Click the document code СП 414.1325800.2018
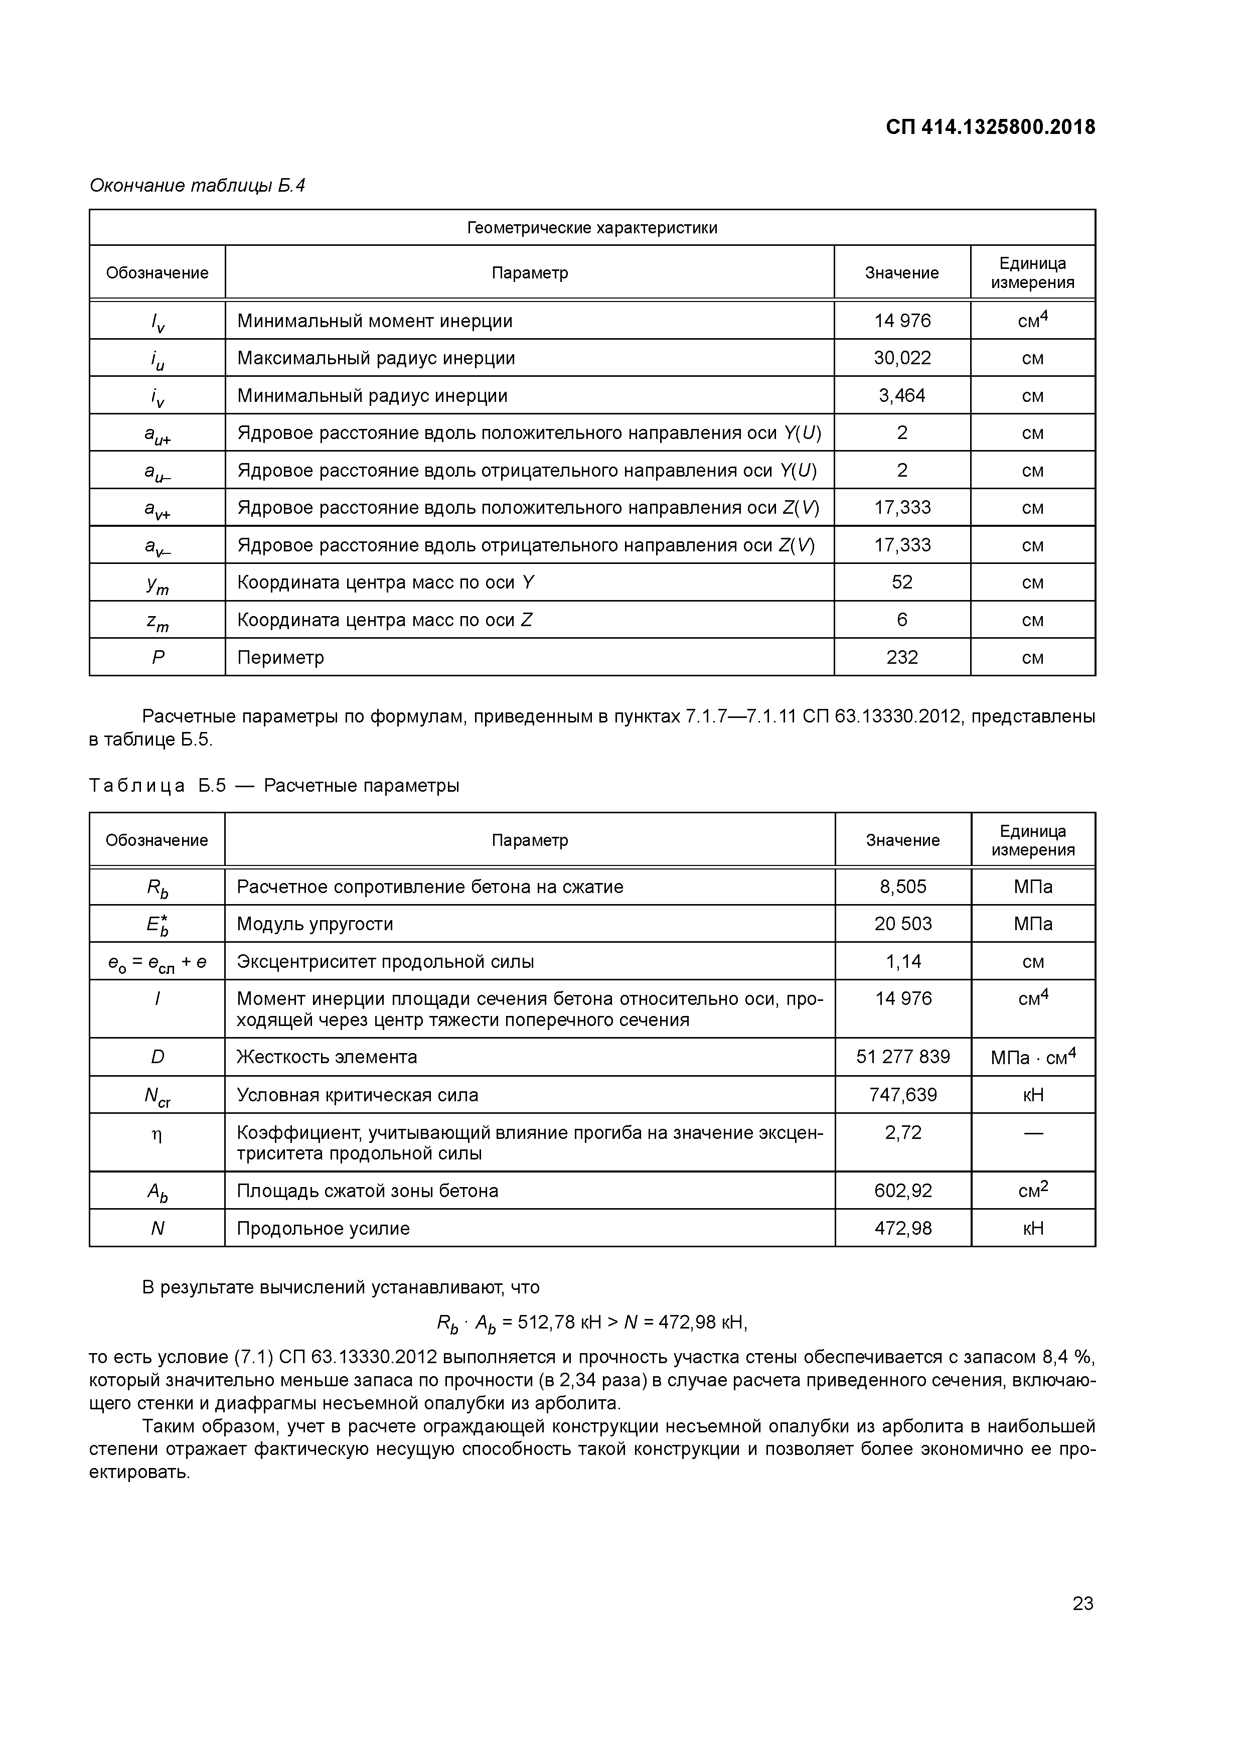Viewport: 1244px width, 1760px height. click(990, 126)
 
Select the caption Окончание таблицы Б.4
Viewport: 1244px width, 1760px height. click(197, 186)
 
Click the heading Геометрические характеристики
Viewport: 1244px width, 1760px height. click(592, 228)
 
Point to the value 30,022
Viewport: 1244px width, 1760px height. click(902, 358)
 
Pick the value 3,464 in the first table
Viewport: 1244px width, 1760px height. click(902, 395)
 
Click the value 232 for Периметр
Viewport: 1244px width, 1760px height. click(902, 657)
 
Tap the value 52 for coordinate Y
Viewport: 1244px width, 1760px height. click(902, 582)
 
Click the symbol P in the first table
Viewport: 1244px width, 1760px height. click(158, 657)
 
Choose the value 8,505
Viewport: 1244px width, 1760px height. click(903, 887)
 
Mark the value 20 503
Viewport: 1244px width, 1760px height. click(903, 924)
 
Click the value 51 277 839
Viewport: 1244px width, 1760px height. click(903, 1057)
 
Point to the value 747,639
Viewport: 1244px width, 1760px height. click(903, 1095)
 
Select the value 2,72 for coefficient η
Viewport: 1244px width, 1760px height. click(903, 1133)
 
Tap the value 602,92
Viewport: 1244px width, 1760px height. click(903, 1191)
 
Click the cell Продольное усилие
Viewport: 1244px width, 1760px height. click(324, 1228)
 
